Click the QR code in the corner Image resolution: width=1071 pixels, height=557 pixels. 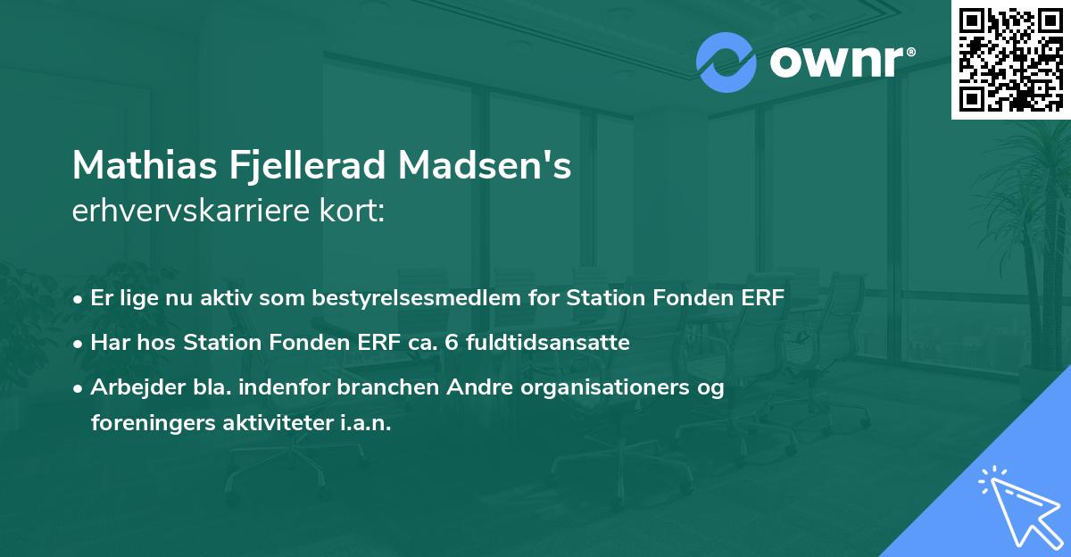(1010, 59)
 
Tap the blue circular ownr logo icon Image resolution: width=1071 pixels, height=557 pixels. (726, 62)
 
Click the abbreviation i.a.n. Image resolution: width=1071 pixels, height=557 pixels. (367, 423)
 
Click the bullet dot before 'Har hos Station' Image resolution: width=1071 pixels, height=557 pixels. (79, 343)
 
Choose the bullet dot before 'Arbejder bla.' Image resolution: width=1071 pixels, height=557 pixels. (79, 388)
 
